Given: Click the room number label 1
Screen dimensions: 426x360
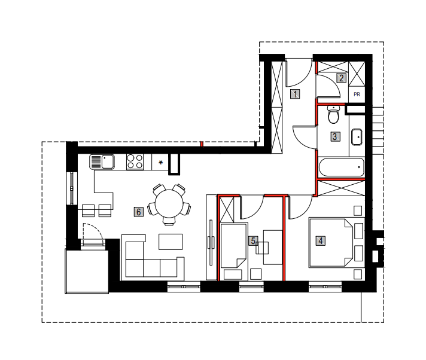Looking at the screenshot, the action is click(x=295, y=94).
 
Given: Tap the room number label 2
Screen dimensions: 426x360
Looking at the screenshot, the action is click(x=342, y=78).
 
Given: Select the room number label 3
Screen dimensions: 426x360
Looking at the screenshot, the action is click(x=335, y=136).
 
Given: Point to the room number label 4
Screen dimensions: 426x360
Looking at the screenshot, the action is click(x=321, y=240).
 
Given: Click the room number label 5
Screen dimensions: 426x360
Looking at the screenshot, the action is click(x=253, y=240).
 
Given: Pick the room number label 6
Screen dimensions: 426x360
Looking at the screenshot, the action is click(x=139, y=212).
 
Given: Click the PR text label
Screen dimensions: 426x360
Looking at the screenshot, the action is click(x=357, y=94).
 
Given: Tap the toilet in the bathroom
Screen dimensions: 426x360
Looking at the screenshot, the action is click(x=333, y=115).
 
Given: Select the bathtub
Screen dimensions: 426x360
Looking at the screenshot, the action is click(x=342, y=167).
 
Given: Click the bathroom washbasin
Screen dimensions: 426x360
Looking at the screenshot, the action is click(x=357, y=137).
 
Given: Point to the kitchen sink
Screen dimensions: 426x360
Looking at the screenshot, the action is click(x=102, y=162).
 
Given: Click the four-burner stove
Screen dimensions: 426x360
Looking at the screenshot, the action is click(x=135, y=162).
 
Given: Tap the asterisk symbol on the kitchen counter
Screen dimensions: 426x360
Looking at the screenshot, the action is click(x=160, y=163).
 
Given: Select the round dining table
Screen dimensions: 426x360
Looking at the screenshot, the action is click(x=169, y=203).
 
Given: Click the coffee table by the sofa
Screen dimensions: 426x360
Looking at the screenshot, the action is click(x=171, y=242).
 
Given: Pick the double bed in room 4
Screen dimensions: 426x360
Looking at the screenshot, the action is click(x=331, y=242).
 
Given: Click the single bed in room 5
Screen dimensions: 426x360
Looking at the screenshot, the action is click(x=234, y=246).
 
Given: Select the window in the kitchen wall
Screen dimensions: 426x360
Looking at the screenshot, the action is click(x=72, y=188).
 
